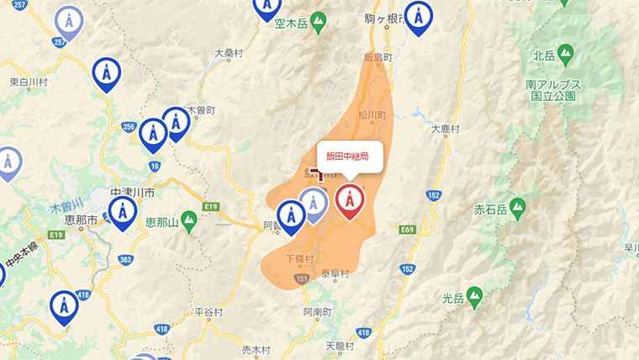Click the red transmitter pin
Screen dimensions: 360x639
[x=350, y=201]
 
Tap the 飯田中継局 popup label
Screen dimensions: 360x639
[x=348, y=156]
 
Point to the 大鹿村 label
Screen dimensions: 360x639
[x=446, y=130]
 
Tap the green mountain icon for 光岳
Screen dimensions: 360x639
[x=475, y=295]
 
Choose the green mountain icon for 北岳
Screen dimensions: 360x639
[x=566, y=54]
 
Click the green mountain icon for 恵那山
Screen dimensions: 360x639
[x=189, y=220]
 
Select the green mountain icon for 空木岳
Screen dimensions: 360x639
[x=317, y=22]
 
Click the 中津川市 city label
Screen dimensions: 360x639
[x=133, y=193]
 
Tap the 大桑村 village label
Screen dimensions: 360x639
[x=228, y=52]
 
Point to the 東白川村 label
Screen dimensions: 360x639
[x=29, y=82]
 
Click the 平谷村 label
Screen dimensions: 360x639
[x=208, y=312]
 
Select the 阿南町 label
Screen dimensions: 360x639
[x=318, y=311]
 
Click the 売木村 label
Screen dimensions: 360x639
[x=256, y=349]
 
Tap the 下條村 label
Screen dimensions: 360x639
[x=299, y=258]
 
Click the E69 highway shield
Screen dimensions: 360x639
[x=409, y=229]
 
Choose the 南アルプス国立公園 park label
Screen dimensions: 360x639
[x=552, y=90]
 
